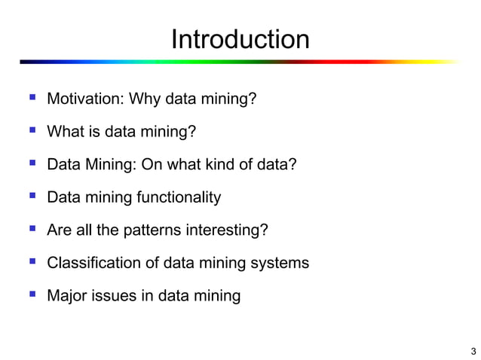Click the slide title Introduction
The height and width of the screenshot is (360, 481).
240,39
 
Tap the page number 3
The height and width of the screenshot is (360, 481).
473,351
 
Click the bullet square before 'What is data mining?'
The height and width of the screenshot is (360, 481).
31,131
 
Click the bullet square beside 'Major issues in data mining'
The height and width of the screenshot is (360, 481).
31,294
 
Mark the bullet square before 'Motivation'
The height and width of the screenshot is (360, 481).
31,98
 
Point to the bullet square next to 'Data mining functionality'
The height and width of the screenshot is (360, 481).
31,196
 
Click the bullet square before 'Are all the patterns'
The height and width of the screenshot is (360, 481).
31,229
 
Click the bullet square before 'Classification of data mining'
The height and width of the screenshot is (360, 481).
31,261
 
